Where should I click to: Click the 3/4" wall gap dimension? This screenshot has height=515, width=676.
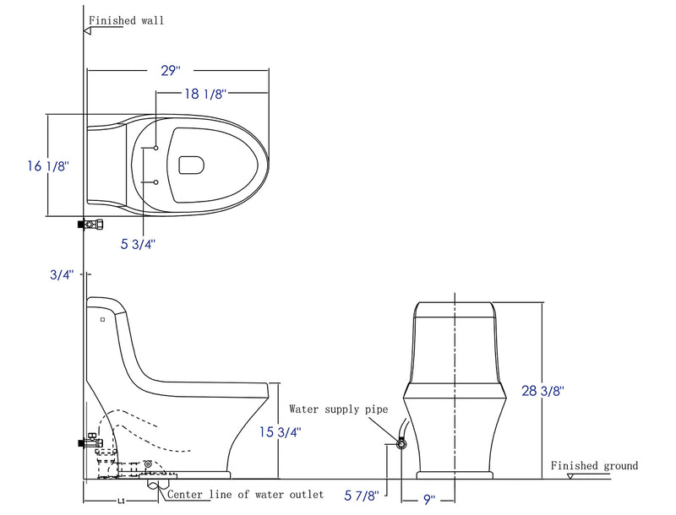click(62, 274)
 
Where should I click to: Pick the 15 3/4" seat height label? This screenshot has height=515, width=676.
click(279, 431)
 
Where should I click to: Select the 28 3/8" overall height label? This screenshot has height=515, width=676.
click(542, 390)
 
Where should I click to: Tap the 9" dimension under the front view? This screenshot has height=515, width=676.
click(429, 500)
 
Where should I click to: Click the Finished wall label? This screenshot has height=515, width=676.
click(126, 20)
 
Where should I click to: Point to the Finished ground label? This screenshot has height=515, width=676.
click(594, 465)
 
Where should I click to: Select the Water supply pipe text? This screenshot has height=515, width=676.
click(338, 409)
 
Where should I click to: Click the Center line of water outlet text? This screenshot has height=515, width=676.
click(245, 495)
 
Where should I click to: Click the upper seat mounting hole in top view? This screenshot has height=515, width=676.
click(156, 148)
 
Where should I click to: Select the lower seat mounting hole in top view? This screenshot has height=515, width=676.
click(156, 182)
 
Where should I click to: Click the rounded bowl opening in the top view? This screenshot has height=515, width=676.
click(194, 165)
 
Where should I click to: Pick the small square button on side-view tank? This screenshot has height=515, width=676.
click(102, 320)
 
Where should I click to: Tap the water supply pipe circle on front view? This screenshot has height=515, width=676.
click(401, 443)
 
